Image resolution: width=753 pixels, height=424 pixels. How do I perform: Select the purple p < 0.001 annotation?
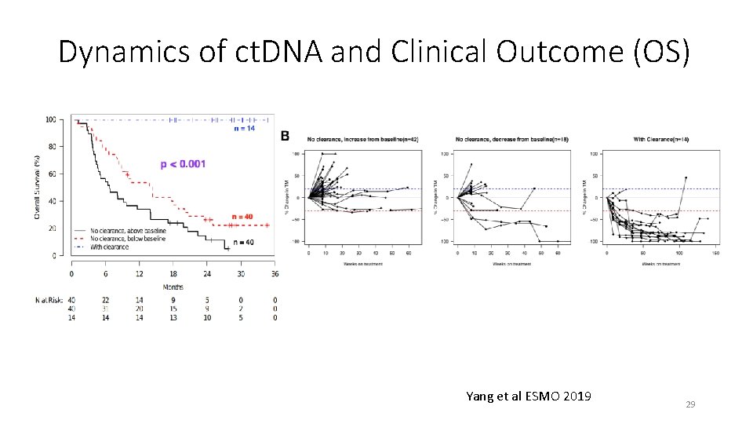tap(183, 163)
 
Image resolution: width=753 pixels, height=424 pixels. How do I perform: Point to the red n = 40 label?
tap(243, 216)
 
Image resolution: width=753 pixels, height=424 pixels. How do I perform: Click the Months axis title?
tap(173, 287)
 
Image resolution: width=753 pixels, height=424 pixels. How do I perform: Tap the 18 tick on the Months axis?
tap(173, 273)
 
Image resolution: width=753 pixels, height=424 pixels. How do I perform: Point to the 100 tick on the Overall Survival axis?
tap(50, 119)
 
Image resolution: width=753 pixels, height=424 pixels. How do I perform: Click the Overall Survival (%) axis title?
tap(37, 186)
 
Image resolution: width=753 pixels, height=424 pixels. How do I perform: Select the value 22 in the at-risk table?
tap(105, 300)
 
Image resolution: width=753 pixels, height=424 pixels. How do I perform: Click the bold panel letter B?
tap(285, 137)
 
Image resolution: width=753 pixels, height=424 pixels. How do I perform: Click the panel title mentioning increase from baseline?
tap(362, 140)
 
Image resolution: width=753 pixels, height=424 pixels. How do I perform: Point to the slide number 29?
tap(690, 404)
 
